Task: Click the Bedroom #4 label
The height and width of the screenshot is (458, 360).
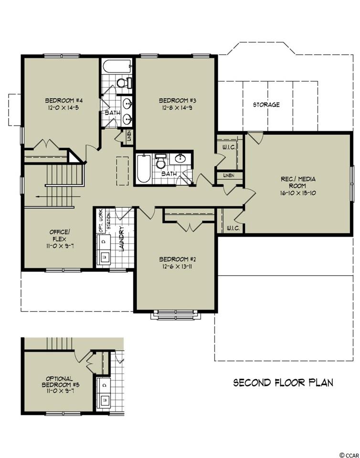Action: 64,101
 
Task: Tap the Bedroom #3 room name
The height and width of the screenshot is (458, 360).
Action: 177,101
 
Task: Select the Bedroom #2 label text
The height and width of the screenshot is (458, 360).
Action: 177,260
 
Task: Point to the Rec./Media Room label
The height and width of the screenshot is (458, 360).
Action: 298,182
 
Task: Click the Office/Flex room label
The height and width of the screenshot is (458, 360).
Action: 60,235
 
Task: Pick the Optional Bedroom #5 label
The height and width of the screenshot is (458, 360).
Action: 59,382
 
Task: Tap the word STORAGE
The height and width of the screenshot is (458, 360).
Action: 266,104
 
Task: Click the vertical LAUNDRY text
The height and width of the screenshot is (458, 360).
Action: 122,239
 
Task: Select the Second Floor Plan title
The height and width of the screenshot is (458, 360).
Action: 283,382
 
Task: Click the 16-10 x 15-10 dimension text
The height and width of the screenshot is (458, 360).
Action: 298,193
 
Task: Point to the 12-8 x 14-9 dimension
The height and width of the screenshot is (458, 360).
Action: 177,107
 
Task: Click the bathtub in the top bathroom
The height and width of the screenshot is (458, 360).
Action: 116,67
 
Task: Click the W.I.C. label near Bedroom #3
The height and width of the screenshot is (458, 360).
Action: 229,147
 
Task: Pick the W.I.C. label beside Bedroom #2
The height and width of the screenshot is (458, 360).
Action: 233,228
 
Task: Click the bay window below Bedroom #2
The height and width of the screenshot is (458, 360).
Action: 176,315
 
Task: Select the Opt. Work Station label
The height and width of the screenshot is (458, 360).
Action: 105,221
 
